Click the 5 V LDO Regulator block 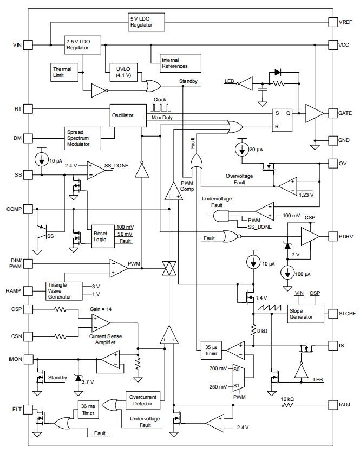tap(146, 22)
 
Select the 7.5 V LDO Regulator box tap(82, 45)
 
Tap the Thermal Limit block tap(64, 72)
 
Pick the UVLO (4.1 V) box tap(123, 72)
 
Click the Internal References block tap(180, 63)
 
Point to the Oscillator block tap(128, 115)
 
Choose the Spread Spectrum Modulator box tap(82, 138)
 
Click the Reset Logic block tap(103, 236)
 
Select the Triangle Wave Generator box tap(64, 291)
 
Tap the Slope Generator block tap(305, 314)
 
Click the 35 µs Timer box tap(211, 351)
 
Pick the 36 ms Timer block tap(88, 410)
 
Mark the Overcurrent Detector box tap(143, 400)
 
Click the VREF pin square tap(333, 22)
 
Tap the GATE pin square tap(333, 113)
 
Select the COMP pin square tap(28, 209)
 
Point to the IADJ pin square tap(333, 405)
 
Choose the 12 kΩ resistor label tap(287, 399)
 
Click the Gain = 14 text tap(101, 309)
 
